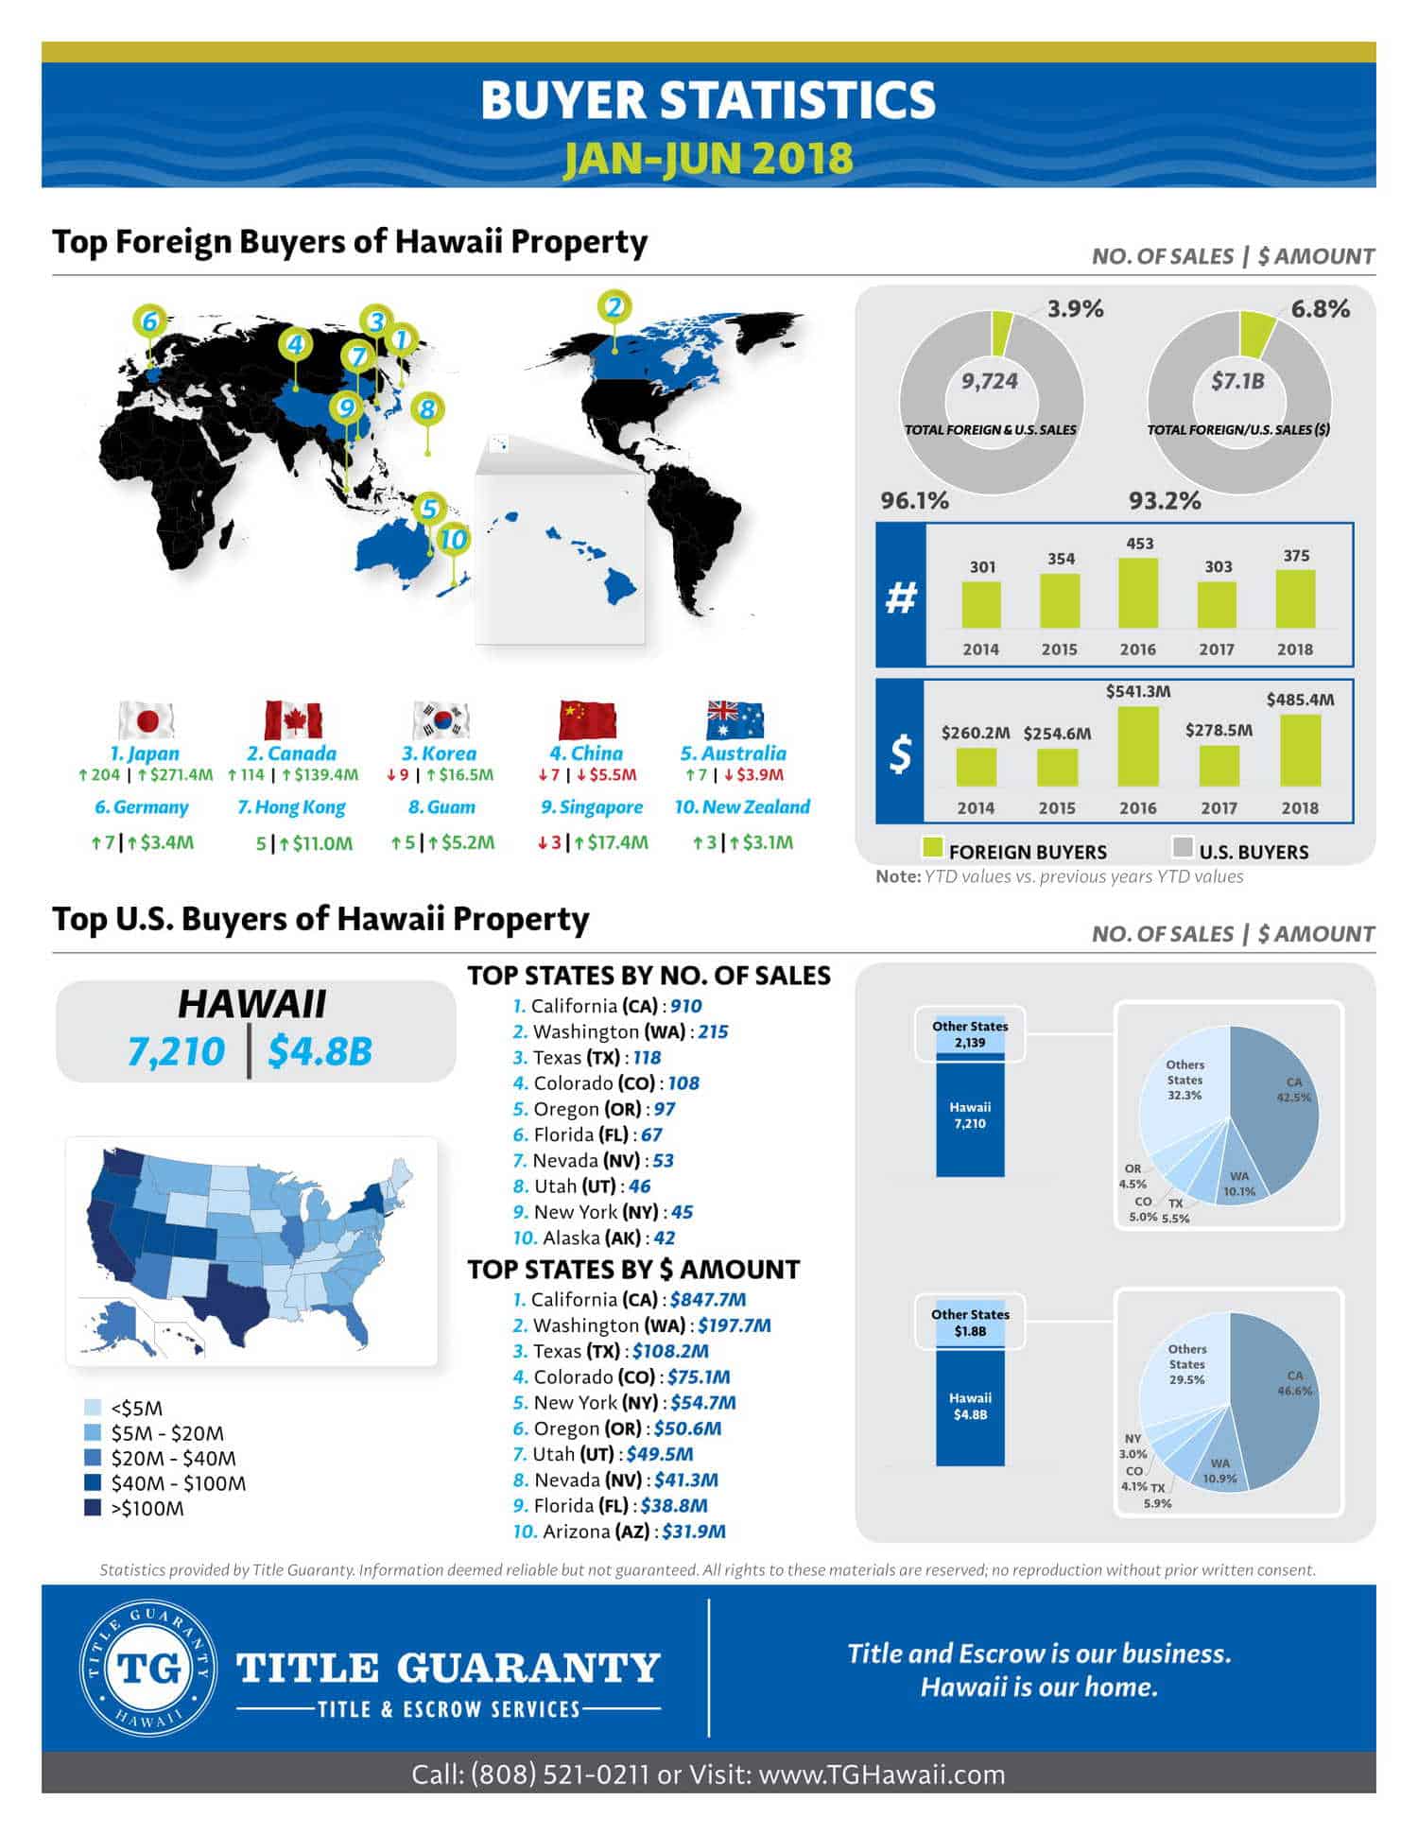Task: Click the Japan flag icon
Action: click(x=147, y=720)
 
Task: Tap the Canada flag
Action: click(x=293, y=720)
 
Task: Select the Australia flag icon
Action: click(x=735, y=720)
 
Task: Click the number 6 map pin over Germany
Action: click(x=149, y=322)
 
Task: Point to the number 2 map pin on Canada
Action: click(x=614, y=307)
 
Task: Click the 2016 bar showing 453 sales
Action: click(x=1138, y=593)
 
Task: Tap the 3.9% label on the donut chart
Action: click(x=1075, y=309)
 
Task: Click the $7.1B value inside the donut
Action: click(x=1237, y=381)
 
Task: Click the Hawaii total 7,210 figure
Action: click(x=176, y=1051)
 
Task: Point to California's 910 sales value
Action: click(x=686, y=1006)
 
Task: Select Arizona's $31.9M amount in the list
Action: click(x=694, y=1531)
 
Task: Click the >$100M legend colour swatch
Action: click(x=93, y=1508)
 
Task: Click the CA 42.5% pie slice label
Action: click(x=1293, y=1089)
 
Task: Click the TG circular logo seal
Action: click(x=147, y=1668)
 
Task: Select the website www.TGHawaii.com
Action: click(x=881, y=1774)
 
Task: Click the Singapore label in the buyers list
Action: click(x=592, y=807)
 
